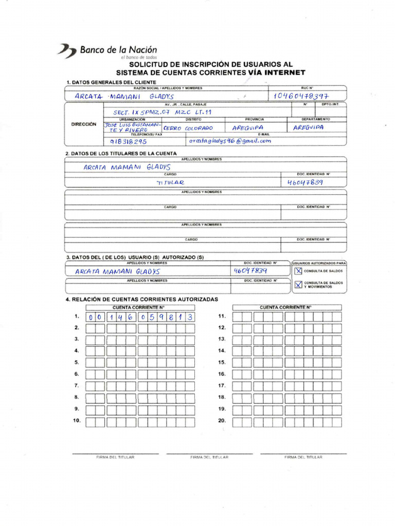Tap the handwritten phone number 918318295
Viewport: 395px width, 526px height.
point(129,141)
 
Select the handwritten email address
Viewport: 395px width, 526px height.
point(229,141)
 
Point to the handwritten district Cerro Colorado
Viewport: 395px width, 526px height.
point(188,128)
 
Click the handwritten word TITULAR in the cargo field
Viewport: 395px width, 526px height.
point(170,182)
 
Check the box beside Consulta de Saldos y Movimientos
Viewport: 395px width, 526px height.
point(298,284)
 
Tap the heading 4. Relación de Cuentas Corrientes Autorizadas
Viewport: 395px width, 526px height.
point(141,299)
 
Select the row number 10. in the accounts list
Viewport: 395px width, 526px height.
point(77,421)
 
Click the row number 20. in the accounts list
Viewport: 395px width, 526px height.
point(222,421)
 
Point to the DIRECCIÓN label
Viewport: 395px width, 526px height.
point(83,124)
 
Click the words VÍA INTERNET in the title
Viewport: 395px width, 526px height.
point(276,73)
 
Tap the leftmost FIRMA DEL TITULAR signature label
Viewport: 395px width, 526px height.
point(115,457)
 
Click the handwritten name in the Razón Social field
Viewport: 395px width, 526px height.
point(124,96)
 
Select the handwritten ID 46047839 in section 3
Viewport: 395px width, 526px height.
point(250,271)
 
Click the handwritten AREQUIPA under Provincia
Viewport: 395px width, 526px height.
point(248,128)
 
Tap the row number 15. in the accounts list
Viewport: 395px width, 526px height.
point(222,362)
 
